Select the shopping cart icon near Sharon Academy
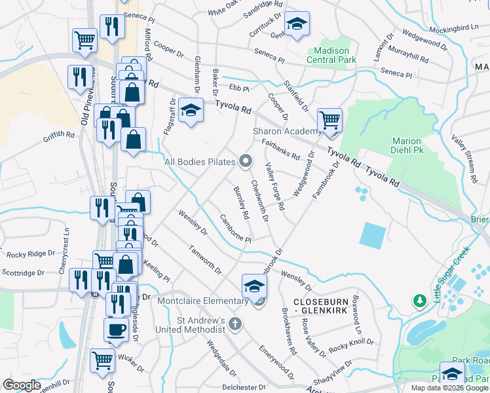pyautogui.click(x=330, y=121)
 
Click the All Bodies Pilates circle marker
pyautogui.click(x=246, y=160)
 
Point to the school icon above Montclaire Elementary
pyautogui.click(x=255, y=286)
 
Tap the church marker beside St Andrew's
pyautogui.click(x=235, y=324)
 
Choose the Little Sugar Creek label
pyautogui.click(x=452, y=274)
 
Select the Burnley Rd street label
pyautogui.click(x=242, y=202)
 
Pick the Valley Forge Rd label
pyautogui.click(x=274, y=187)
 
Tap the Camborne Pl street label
pyautogui.click(x=236, y=229)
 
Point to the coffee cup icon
pyautogui.click(x=117, y=329)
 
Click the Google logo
pyautogui.click(x=22, y=385)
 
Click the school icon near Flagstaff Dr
pyautogui.click(x=191, y=110)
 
